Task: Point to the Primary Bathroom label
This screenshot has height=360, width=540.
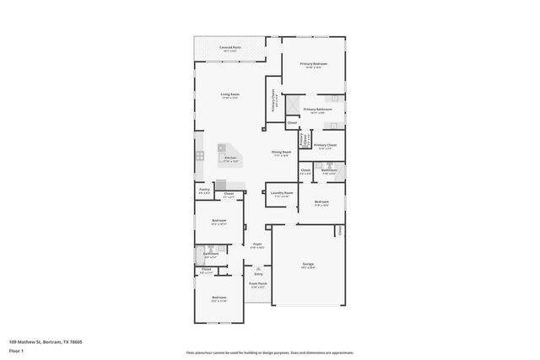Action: point(317,109)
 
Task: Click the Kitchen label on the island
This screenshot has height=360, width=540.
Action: point(230,158)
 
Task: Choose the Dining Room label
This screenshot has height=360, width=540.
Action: point(280,152)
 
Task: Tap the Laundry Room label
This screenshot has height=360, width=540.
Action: point(283,192)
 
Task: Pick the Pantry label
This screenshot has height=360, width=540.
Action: point(204,190)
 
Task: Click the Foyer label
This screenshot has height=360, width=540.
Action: point(257,244)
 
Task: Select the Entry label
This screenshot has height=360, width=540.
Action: point(258,274)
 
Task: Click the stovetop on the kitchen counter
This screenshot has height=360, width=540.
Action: point(199,155)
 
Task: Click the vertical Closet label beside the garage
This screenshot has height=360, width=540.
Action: point(339,230)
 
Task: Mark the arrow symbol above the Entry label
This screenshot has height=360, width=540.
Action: point(258,268)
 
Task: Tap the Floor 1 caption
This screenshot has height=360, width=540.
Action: point(16,350)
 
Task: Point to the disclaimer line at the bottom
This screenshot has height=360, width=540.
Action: point(269,352)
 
